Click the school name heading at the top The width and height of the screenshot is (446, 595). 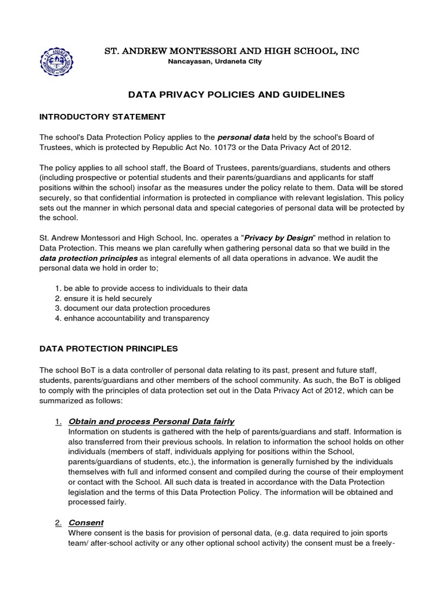(x=231, y=51)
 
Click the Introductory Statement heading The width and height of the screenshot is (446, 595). (x=102, y=117)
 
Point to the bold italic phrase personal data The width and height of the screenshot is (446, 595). (x=243, y=137)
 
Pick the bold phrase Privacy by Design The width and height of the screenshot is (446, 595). (x=279, y=238)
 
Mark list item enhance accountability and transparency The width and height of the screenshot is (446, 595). (x=132, y=318)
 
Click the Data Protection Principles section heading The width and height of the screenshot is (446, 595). (x=109, y=349)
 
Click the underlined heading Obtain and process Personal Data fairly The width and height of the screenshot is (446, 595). (x=151, y=421)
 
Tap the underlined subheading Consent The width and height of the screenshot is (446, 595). (x=86, y=522)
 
